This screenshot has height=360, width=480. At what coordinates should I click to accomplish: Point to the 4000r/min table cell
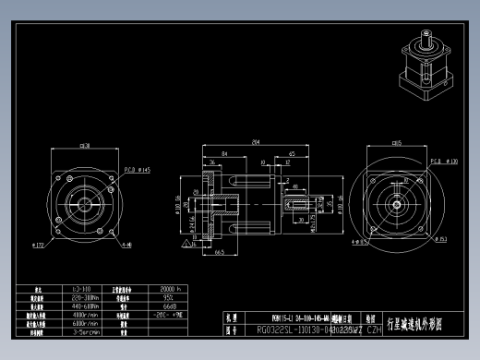point(85,315)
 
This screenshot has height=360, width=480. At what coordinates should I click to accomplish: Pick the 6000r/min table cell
point(85,323)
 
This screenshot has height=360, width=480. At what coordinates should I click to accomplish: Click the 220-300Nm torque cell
point(85,297)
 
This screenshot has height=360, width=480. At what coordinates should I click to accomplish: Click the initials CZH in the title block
point(373,328)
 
